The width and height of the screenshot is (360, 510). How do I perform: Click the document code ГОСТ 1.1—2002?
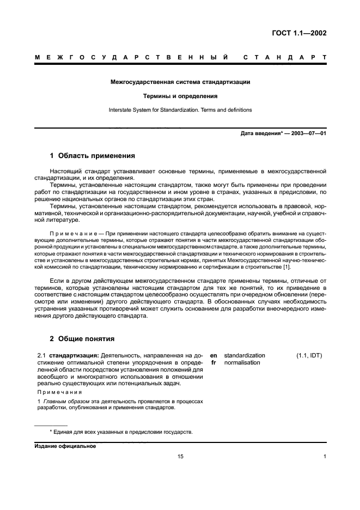click(300, 33)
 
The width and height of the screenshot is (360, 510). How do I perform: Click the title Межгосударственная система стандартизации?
click(180, 82)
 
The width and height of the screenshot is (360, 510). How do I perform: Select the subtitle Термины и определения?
click(180, 96)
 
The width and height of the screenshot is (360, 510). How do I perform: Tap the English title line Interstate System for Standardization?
click(180, 110)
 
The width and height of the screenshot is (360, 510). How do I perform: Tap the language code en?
click(213, 356)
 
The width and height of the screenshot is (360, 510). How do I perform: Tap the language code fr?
click(213, 363)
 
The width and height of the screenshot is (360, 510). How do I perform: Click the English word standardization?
click(245, 356)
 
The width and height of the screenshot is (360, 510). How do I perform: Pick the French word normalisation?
click(242, 363)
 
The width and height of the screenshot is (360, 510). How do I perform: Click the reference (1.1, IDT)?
click(309, 356)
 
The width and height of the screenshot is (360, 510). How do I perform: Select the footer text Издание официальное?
click(65, 446)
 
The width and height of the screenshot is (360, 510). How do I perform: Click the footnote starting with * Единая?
click(121, 432)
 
